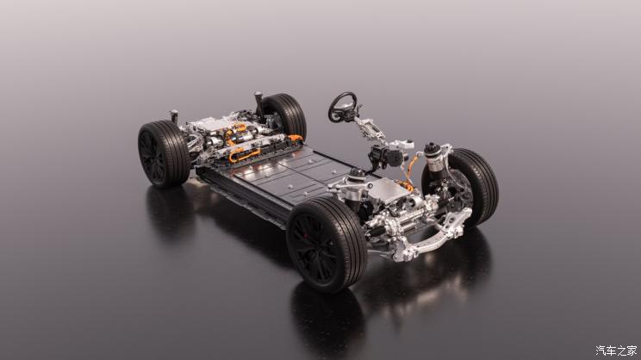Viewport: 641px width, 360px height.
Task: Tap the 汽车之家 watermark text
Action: coord(616,351)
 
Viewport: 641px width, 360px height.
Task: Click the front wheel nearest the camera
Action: coord(327,245)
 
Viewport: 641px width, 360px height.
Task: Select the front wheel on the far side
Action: coord(474,186)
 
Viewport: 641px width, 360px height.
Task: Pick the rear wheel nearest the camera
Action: coord(164,153)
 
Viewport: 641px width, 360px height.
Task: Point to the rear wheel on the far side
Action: coord(286,115)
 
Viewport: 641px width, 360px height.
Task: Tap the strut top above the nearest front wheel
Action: coord(357,175)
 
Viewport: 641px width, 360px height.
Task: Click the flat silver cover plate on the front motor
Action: coord(389,189)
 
